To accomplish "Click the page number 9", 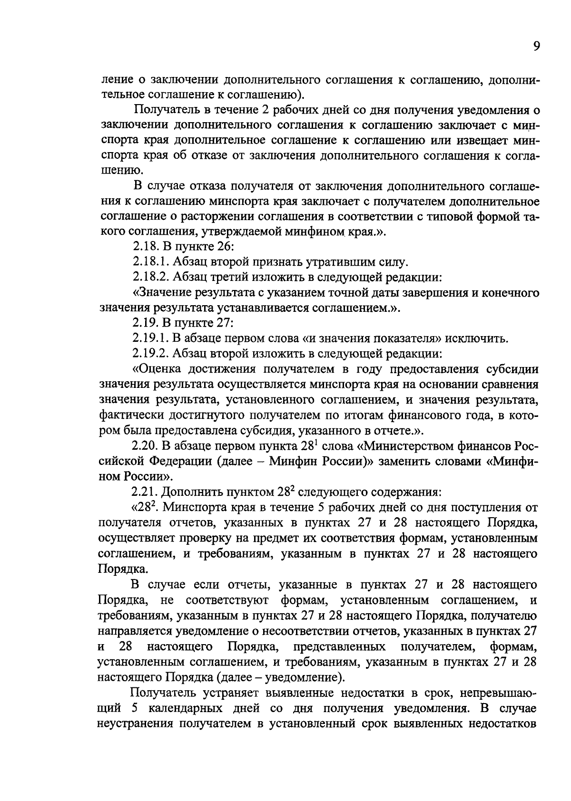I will [x=536, y=47].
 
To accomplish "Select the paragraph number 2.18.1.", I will [x=150, y=262].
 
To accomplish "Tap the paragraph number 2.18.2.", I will [x=150, y=278].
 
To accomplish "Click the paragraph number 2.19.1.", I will [x=150, y=339].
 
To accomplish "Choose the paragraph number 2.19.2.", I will [x=150, y=354].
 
